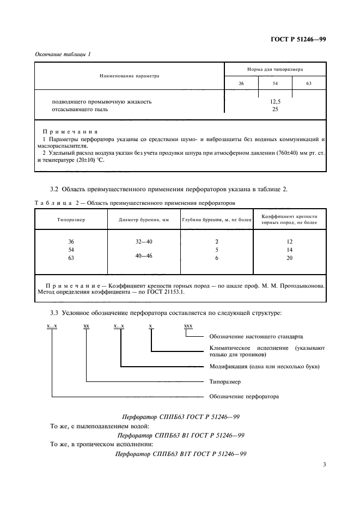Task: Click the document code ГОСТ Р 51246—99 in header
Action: click(x=298, y=39)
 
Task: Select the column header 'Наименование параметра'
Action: click(x=129, y=76)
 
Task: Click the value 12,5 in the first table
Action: click(x=275, y=101)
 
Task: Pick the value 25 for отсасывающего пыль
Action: click(x=275, y=109)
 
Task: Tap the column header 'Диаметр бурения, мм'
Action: click(x=141, y=220)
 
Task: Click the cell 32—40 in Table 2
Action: click(x=141, y=241)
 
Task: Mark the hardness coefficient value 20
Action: click(x=290, y=258)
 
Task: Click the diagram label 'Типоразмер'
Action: click(x=225, y=381)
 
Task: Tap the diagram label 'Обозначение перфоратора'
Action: click(x=244, y=396)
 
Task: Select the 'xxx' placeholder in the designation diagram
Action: click(x=188, y=326)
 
